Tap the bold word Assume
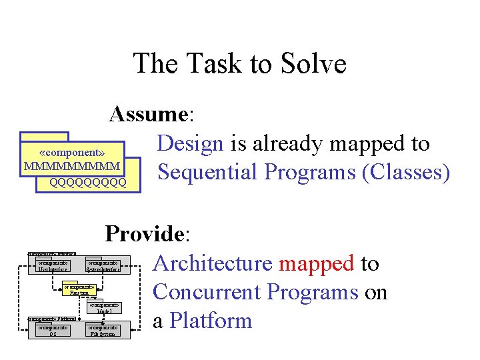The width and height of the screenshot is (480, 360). pyautogui.click(x=149, y=114)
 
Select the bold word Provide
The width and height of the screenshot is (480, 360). pyautogui.click(x=146, y=234)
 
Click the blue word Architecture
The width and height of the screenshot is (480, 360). pyautogui.click(x=213, y=263)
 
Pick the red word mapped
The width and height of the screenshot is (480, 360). pyautogui.click(x=316, y=263)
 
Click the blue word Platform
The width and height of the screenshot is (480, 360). pyautogui.click(x=211, y=321)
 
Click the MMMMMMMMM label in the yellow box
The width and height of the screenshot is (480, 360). pyautogui.click(x=71, y=165)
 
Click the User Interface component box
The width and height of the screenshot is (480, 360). pyautogui.click(x=53, y=266)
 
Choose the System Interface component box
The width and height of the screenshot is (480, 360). pyautogui.click(x=103, y=266)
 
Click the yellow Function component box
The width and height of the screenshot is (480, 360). pyautogui.click(x=79, y=290)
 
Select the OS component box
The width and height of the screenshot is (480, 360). pyautogui.click(x=53, y=331)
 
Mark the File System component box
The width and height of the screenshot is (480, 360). pyautogui.click(x=103, y=331)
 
